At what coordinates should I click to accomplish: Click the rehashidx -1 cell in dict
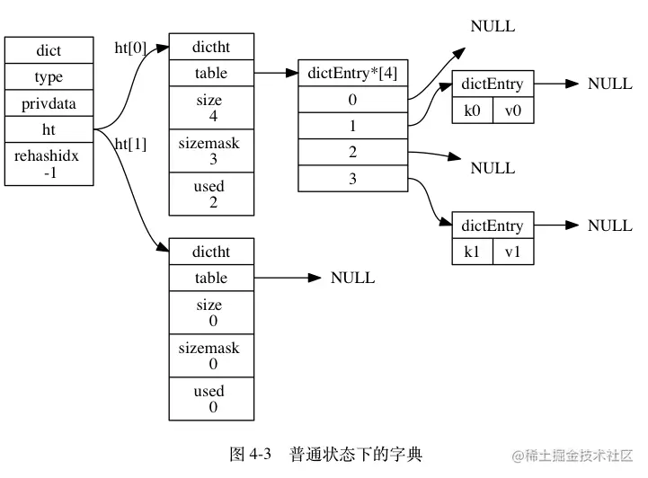(x=49, y=164)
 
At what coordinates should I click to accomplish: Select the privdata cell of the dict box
(x=49, y=103)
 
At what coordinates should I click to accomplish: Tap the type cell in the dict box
(x=49, y=77)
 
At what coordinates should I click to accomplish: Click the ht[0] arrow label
(x=130, y=48)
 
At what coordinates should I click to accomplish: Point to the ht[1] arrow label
(x=130, y=144)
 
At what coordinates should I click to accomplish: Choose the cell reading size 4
(x=211, y=109)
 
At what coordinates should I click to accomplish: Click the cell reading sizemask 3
(x=211, y=151)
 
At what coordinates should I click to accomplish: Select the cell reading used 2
(x=211, y=194)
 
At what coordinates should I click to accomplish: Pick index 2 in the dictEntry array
(x=353, y=153)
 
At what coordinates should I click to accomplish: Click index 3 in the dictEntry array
(x=353, y=180)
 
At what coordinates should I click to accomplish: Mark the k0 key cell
(x=472, y=111)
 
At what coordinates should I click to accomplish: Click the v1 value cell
(x=513, y=252)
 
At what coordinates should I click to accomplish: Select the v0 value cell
(x=513, y=111)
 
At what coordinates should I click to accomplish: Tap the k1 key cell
(x=472, y=252)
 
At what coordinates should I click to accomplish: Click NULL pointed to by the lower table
(x=353, y=279)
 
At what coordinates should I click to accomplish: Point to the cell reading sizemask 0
(x=211, y=356)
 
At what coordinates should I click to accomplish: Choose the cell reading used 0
(x=211, y=399)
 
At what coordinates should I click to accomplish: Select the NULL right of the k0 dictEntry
(x=610, y=84)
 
